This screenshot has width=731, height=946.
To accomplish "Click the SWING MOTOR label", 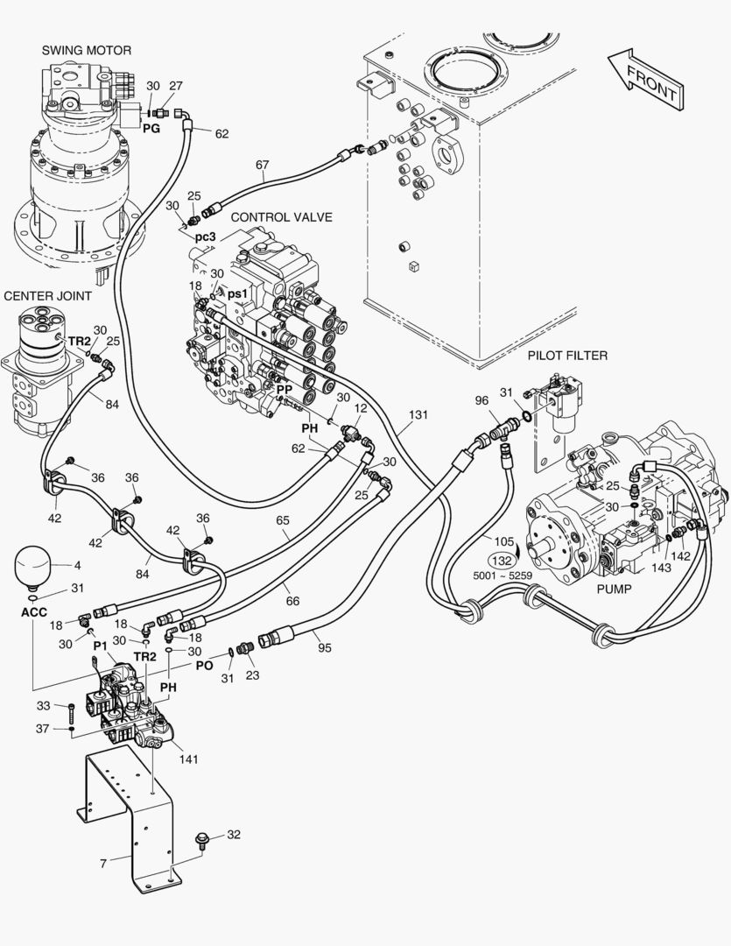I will point(87,51).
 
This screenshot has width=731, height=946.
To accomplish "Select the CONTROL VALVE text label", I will point(281,216).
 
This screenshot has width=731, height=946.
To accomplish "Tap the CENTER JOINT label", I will point(47,296).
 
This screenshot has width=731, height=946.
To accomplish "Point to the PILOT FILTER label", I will point(567,356).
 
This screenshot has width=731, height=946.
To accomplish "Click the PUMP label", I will point(614,589).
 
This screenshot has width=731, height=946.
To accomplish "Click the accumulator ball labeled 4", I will point(33,565).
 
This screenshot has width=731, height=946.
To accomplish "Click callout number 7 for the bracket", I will point(103,864).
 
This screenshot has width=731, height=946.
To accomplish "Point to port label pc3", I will point(205,237).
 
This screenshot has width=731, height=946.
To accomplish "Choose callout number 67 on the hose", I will point(262,165).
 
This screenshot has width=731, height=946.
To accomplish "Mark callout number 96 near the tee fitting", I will point(481,401).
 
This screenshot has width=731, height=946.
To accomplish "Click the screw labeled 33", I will point(69,707).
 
